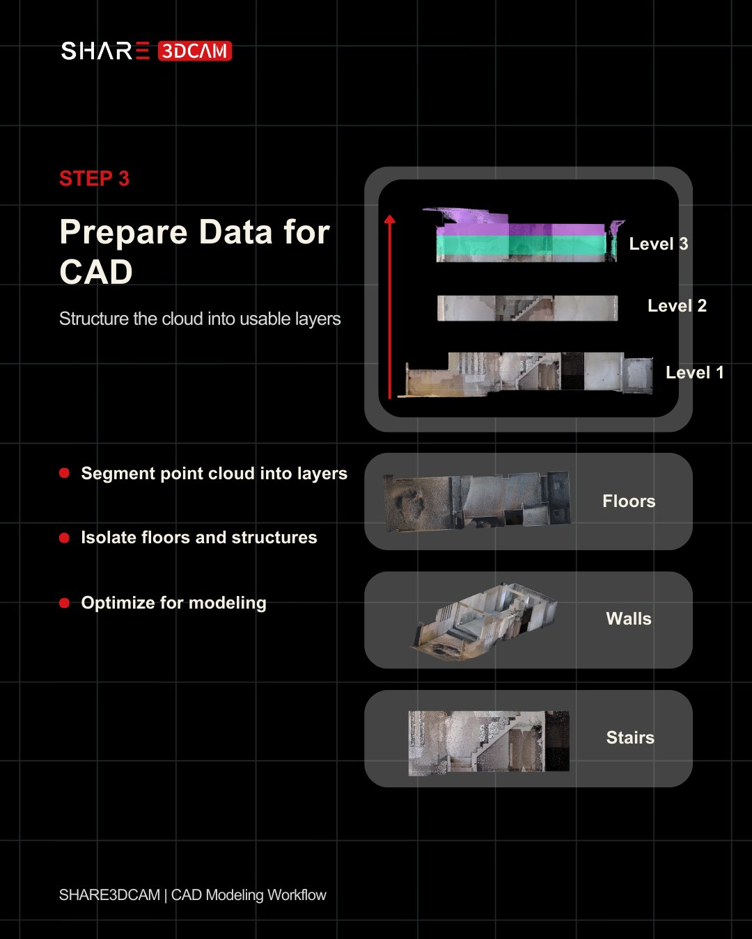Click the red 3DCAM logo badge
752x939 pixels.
tap(194, 51)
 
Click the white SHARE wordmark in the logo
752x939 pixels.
tap(105, 51)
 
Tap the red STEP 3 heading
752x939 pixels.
tap(95, 179)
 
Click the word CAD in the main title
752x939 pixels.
tap(96, 272)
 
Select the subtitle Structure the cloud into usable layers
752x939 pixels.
tap(200, 319)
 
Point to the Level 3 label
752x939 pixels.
tap(659, 244)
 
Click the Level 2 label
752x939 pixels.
tap(677, 306)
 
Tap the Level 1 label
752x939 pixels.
tap(695, 373)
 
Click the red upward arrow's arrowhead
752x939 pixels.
tap(390, 219)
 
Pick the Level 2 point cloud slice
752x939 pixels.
tap(527, 308)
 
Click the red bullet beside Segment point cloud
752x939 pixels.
tap(64, 473)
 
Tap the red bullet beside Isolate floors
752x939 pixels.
tap(64, 538)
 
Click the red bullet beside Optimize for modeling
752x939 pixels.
tap(64, 603)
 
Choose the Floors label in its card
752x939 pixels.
tap(629, 501)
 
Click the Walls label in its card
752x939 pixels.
tap(628, 619)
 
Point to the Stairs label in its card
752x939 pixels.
tap(630, 737)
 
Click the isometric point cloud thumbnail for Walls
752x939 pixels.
tap(484, 621)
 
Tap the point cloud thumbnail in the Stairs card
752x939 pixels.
tap(489, 743)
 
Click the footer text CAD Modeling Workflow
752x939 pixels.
tap(249, 895)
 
